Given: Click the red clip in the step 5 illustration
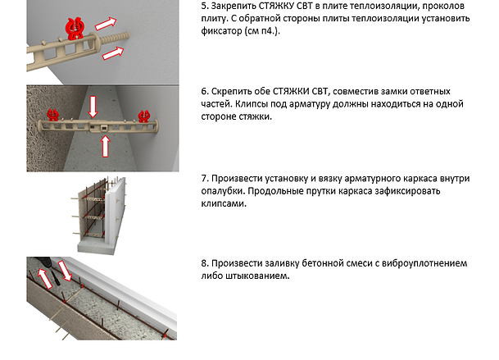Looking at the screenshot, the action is point(75,29).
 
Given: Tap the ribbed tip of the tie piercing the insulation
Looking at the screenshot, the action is point(116,38).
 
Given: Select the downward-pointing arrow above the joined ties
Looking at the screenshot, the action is point(93,107).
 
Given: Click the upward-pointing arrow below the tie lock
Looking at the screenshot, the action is point(106,146).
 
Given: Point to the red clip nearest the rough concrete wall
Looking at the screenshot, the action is point(52,115).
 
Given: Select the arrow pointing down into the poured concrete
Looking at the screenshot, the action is point(64,271).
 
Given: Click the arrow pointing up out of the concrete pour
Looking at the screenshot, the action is point(45,278).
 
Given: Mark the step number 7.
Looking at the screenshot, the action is point(204,179).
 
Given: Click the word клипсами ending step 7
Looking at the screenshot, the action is point(224,203).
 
